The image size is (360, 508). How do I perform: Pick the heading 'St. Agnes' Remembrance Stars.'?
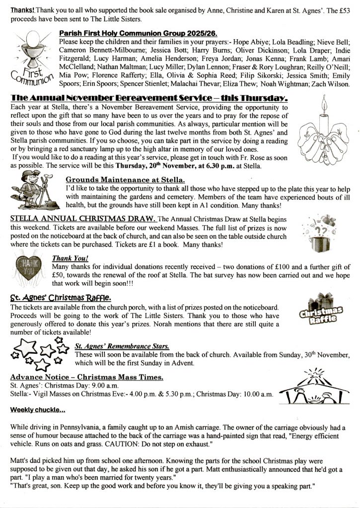[122, 346]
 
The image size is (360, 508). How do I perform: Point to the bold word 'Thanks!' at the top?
[20, 10]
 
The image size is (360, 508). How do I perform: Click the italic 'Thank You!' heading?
[70, 258]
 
